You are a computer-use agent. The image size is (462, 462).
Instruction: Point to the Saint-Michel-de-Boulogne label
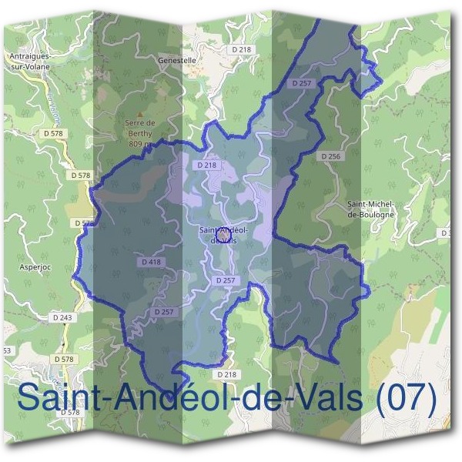tap(370, 209)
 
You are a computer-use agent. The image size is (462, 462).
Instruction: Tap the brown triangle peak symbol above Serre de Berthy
tap(140, 115)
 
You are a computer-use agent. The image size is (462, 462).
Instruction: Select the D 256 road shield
tap(329, 156)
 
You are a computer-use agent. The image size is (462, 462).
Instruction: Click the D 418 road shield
tap(152, 262)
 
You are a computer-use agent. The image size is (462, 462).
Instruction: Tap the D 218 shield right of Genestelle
tap(242, 49)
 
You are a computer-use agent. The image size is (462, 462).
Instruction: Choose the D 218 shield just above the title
tap(226, 373)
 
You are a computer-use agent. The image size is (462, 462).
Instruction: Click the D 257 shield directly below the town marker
tap(225, 280)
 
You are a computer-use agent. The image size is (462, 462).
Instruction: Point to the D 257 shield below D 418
tap(162, 311)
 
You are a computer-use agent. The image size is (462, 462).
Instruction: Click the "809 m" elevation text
tap(139, 143)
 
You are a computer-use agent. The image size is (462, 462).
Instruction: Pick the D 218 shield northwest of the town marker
tap(206, 165)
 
